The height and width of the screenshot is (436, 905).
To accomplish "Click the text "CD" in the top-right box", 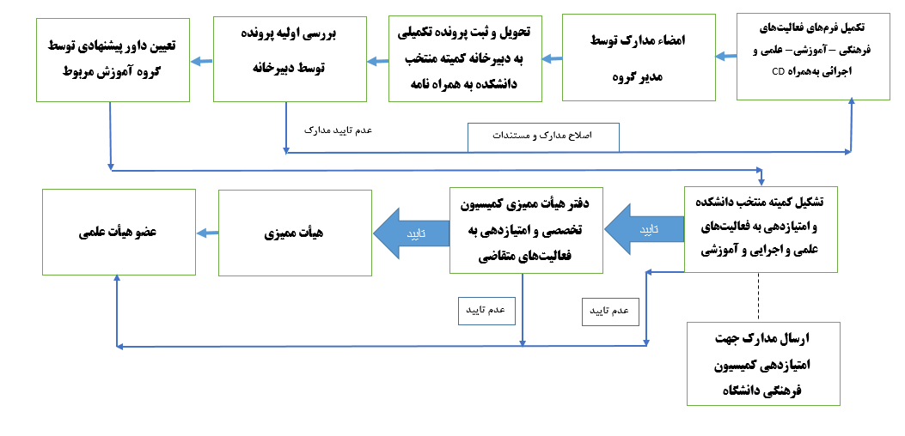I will [779, 73].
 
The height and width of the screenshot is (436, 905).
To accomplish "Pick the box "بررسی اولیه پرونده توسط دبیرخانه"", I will [287, 58].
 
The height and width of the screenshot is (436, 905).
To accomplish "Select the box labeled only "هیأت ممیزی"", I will [295, 233].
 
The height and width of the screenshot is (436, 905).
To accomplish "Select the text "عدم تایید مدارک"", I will [339, 130].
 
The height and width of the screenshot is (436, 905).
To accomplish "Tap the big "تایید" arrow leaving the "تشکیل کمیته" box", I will [645, 230].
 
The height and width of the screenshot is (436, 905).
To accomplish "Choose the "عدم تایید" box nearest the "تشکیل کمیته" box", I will [610, 311].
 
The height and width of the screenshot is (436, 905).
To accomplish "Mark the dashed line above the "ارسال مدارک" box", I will [759, 297].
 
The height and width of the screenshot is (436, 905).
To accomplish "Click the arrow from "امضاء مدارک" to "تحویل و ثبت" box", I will [552, 59].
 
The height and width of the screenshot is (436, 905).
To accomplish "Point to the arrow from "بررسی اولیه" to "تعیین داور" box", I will [201, 60].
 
